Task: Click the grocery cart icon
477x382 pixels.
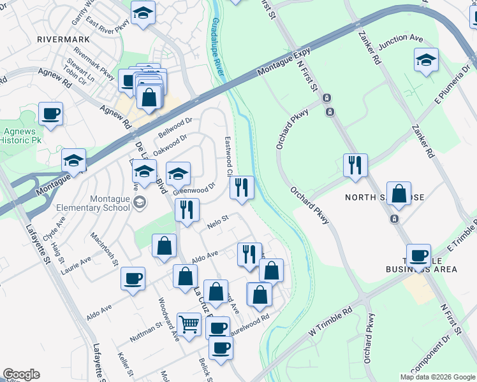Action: [x=189, y=325]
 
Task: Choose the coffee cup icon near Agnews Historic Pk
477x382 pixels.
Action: [x=50, y=114]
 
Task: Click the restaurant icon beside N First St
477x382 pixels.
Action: [x=355, y=165]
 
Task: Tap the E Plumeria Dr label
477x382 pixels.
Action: [x=452, y=83]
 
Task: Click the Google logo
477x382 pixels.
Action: [x=21, y=374]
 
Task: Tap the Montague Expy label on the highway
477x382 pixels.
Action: [x=284, y=64]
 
